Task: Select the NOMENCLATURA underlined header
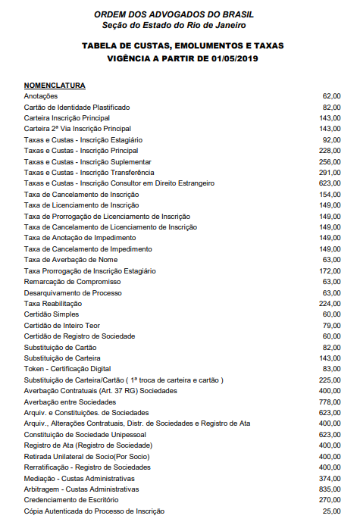pyautogui.click(x=55, y=86)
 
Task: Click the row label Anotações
pyautogui.click(x=41, y=97)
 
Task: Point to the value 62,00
pyautogui.click(x=331, y=97)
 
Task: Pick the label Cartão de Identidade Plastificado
pyautogui.click(x=77, y=108)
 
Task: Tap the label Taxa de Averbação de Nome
pyautogui.click(x=70, y=260)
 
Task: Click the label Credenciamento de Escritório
pyautogui.click(x=71, y=500)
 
